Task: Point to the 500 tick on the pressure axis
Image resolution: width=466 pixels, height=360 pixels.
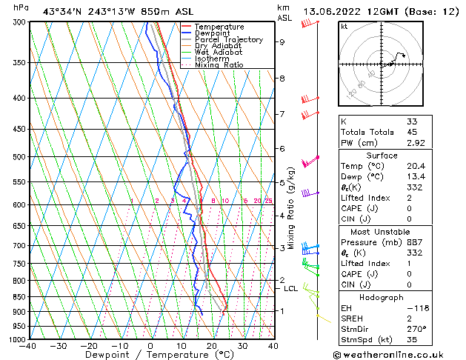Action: [x=20, y=157]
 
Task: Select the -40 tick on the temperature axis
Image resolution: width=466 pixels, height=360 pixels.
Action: [x=28, y=346]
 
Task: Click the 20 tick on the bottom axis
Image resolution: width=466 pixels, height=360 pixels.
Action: [x=212, y=346]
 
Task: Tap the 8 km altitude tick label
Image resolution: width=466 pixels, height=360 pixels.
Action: [x=282, y=79]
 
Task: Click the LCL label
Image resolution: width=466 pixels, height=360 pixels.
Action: [x=291, y=289]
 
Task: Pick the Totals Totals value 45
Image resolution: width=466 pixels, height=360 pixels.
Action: [x=412, y=132]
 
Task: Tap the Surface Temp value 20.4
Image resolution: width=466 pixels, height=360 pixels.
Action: [x=416, y=166]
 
